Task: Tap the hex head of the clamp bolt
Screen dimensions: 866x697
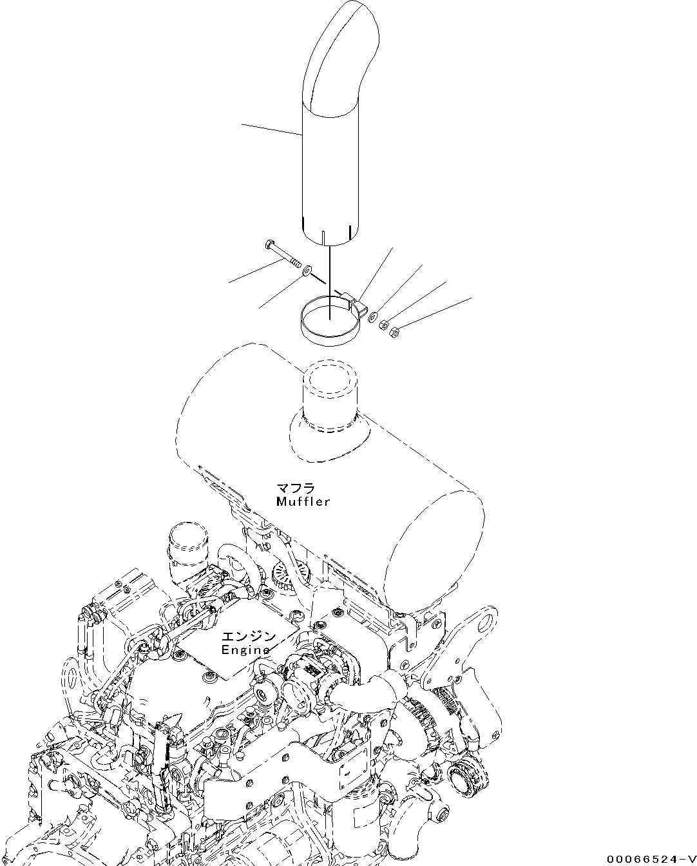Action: [269, 245]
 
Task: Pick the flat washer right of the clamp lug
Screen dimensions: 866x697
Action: [372, 315]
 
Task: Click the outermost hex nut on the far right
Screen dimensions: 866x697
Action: [395, 332]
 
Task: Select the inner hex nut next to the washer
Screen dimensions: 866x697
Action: [383, 324]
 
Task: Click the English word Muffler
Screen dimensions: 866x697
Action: [303, 501]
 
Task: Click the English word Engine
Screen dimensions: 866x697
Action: [246, 649]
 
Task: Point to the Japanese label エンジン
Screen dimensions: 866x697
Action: [249, 637]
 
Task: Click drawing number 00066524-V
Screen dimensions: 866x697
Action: [650, 859]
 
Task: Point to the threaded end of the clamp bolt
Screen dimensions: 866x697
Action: [294, 263]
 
